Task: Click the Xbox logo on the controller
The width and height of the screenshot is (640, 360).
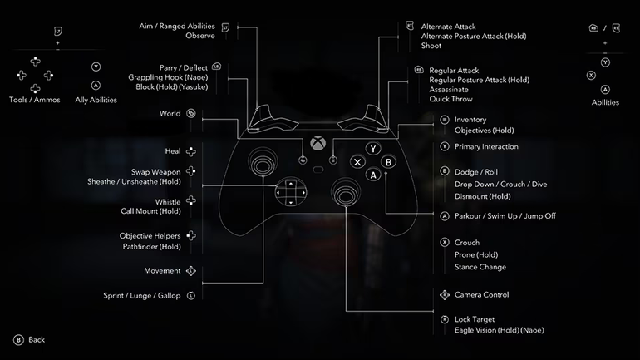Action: coord(318,144)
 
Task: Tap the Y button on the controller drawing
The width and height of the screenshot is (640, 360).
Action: coord(374,149)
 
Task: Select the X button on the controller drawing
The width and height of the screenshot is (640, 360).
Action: coord(357,162)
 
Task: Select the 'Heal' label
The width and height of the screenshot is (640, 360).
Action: coord(173,151)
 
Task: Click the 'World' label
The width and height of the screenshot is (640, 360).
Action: coord(170,114)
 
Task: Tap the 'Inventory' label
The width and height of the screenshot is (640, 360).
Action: coord(470,120)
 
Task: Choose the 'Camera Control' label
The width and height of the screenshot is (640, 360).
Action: coord(481,295)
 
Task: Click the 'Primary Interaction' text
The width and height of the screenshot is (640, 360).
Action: coord(486,147)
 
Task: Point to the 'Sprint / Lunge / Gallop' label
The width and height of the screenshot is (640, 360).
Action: coord(142,295)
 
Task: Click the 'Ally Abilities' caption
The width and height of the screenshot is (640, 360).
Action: coord(96,100)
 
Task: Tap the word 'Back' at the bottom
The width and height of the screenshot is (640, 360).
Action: coord(37,340)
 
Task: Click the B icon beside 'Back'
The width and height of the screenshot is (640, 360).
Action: coord(17,340)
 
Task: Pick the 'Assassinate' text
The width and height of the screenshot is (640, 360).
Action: coord(450,89)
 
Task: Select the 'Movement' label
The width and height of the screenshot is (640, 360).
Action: coord(162,271)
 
